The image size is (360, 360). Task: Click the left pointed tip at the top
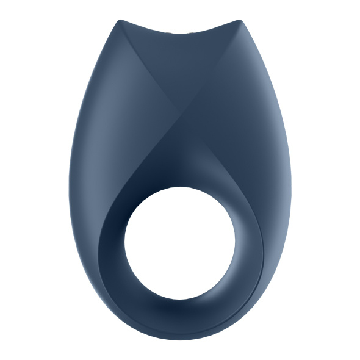119,22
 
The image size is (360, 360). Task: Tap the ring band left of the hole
110,244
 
